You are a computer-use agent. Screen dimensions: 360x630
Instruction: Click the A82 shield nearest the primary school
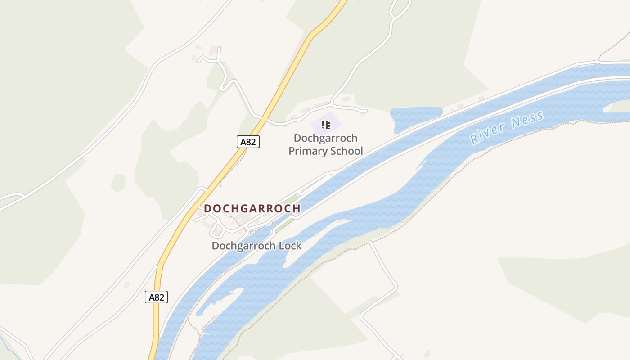[248, 142]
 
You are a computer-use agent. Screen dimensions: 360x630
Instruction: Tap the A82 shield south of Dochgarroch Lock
[156, 297]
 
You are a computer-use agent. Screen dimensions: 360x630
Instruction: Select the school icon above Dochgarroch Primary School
[325, 124]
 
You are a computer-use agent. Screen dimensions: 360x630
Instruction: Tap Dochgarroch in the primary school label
[325, 138]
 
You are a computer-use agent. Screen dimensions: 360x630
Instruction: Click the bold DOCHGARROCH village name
[252, 208]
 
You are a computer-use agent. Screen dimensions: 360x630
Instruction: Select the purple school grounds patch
[336, 119]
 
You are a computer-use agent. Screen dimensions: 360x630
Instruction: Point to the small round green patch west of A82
[118, 182]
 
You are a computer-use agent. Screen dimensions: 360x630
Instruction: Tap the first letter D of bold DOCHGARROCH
[207, 208]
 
